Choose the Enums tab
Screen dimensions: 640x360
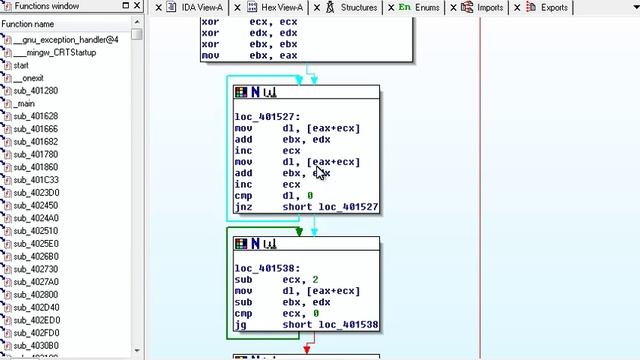pos(424,8)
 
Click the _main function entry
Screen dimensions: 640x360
pos(24,104)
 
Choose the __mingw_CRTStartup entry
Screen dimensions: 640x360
pos(54,52)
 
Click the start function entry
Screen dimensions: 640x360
pos(21,65)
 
